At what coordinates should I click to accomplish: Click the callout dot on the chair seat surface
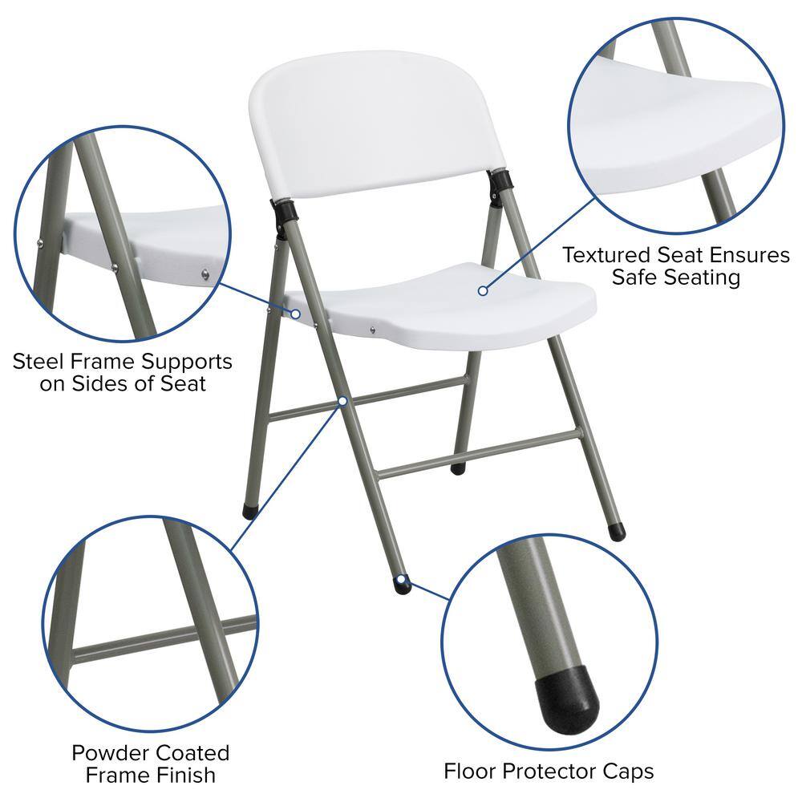(483, 290)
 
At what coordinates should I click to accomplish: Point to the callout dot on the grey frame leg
(342, 399)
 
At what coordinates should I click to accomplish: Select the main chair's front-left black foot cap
(403, 585)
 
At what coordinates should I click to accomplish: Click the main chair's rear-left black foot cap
(249, 511)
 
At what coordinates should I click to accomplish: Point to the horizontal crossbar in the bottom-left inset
(160, 638)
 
